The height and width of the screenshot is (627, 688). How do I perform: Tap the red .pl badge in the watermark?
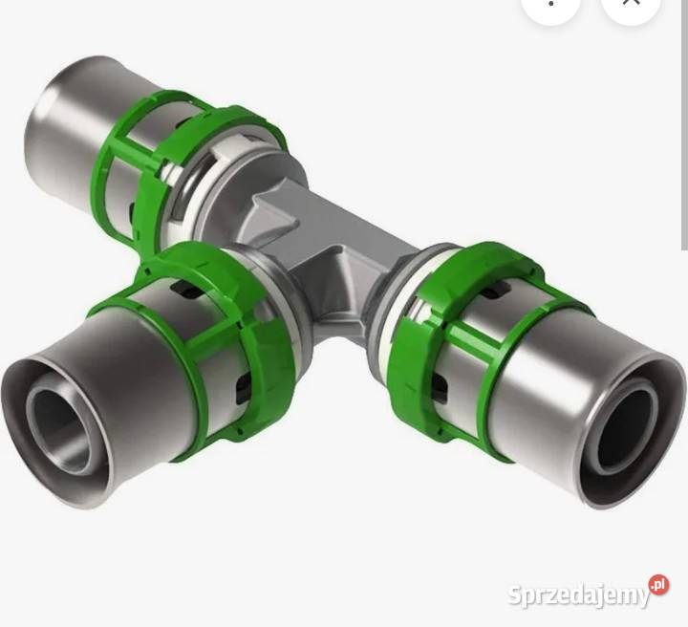(x=659, y=585)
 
